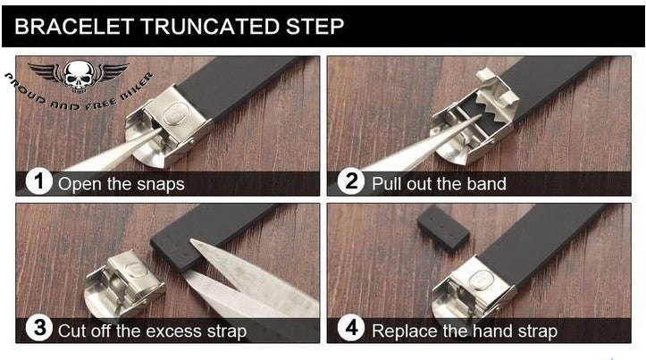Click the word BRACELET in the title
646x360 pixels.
[x=74, y=26]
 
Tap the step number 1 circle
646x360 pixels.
[x=38, y=181]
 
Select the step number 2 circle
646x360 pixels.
[x=351, y=181]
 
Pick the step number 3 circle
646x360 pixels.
[x=38, y=328]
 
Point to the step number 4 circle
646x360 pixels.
[x=351, y=328]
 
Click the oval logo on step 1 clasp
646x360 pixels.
[x=176, y=113]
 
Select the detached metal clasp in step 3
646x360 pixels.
[x=123, y=284]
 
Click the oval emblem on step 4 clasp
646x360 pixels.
[x=482, y=281]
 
